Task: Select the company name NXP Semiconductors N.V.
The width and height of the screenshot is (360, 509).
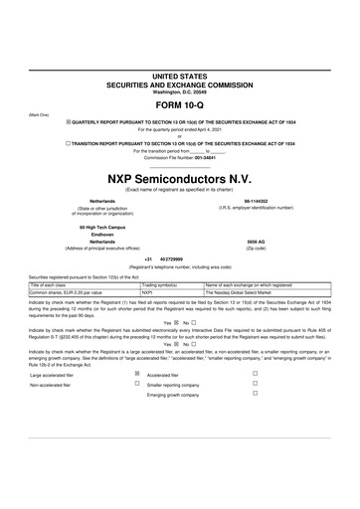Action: (x=179, y=175)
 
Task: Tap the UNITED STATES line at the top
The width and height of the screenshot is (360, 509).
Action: (x=179, y=76)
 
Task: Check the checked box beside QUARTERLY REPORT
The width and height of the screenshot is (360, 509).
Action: (x=68, y=121)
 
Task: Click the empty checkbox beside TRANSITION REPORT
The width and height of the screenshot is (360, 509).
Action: (x=68, y=143)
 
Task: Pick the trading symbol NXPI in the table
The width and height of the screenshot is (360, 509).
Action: (x=147, y=293)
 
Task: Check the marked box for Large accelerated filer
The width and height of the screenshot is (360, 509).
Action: (x=136, y=374)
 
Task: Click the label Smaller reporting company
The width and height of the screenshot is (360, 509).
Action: (x=176, y=384)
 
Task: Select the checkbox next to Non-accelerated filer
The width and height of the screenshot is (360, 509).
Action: (x=136, y=384)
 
